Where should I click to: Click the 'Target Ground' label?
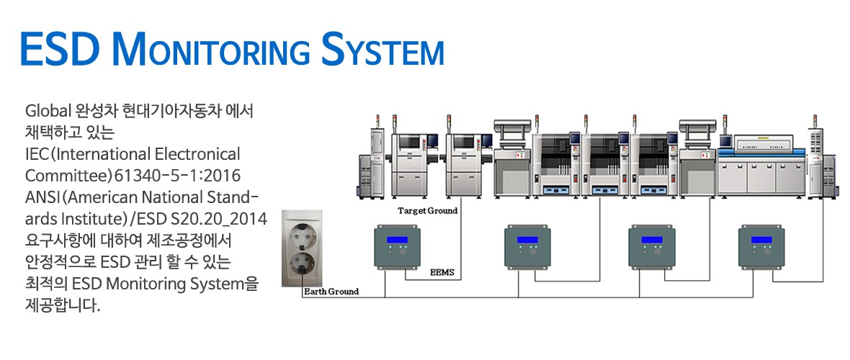click(428, 211)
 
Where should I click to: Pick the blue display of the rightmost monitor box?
click(761, 239)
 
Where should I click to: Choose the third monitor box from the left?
click(651, 248)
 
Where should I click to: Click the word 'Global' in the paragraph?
click(48, 112)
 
